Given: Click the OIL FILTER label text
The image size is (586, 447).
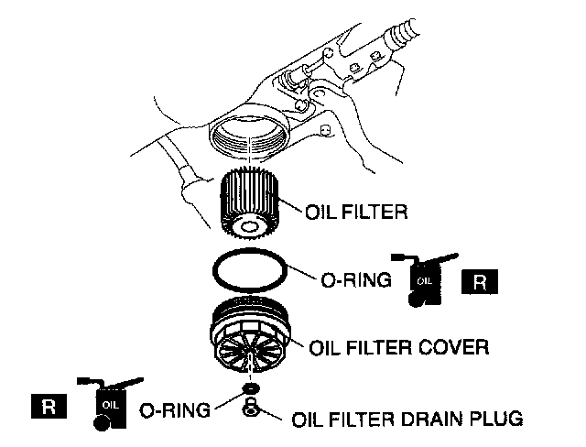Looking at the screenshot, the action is [x=356, y=212].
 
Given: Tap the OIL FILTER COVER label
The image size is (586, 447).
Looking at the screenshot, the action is [x=399, y=347].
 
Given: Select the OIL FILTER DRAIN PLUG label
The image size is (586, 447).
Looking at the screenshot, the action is [x=407, y=419].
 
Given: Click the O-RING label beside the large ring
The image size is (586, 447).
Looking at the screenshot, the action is [x=356, y=280].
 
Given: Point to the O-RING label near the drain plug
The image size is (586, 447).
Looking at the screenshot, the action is [x=175, y=410].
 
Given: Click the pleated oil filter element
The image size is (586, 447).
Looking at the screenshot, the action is [x=250, y=203].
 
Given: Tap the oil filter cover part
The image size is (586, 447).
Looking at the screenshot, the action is [x=250, y=333].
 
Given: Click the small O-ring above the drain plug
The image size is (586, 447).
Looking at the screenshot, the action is [x=250, y=388].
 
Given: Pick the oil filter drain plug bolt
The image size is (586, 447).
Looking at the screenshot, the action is [x=250, y=408].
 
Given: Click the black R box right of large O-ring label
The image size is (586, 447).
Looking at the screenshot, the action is [x=480, y=281].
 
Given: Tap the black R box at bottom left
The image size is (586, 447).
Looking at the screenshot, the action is [x=49, y=406].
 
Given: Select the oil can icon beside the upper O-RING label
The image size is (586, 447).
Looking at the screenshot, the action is [x=424, y=279].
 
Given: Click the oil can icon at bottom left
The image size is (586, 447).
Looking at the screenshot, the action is [x=110, y=404].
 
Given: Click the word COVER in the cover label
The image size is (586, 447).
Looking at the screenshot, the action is [x=454, y=347].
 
